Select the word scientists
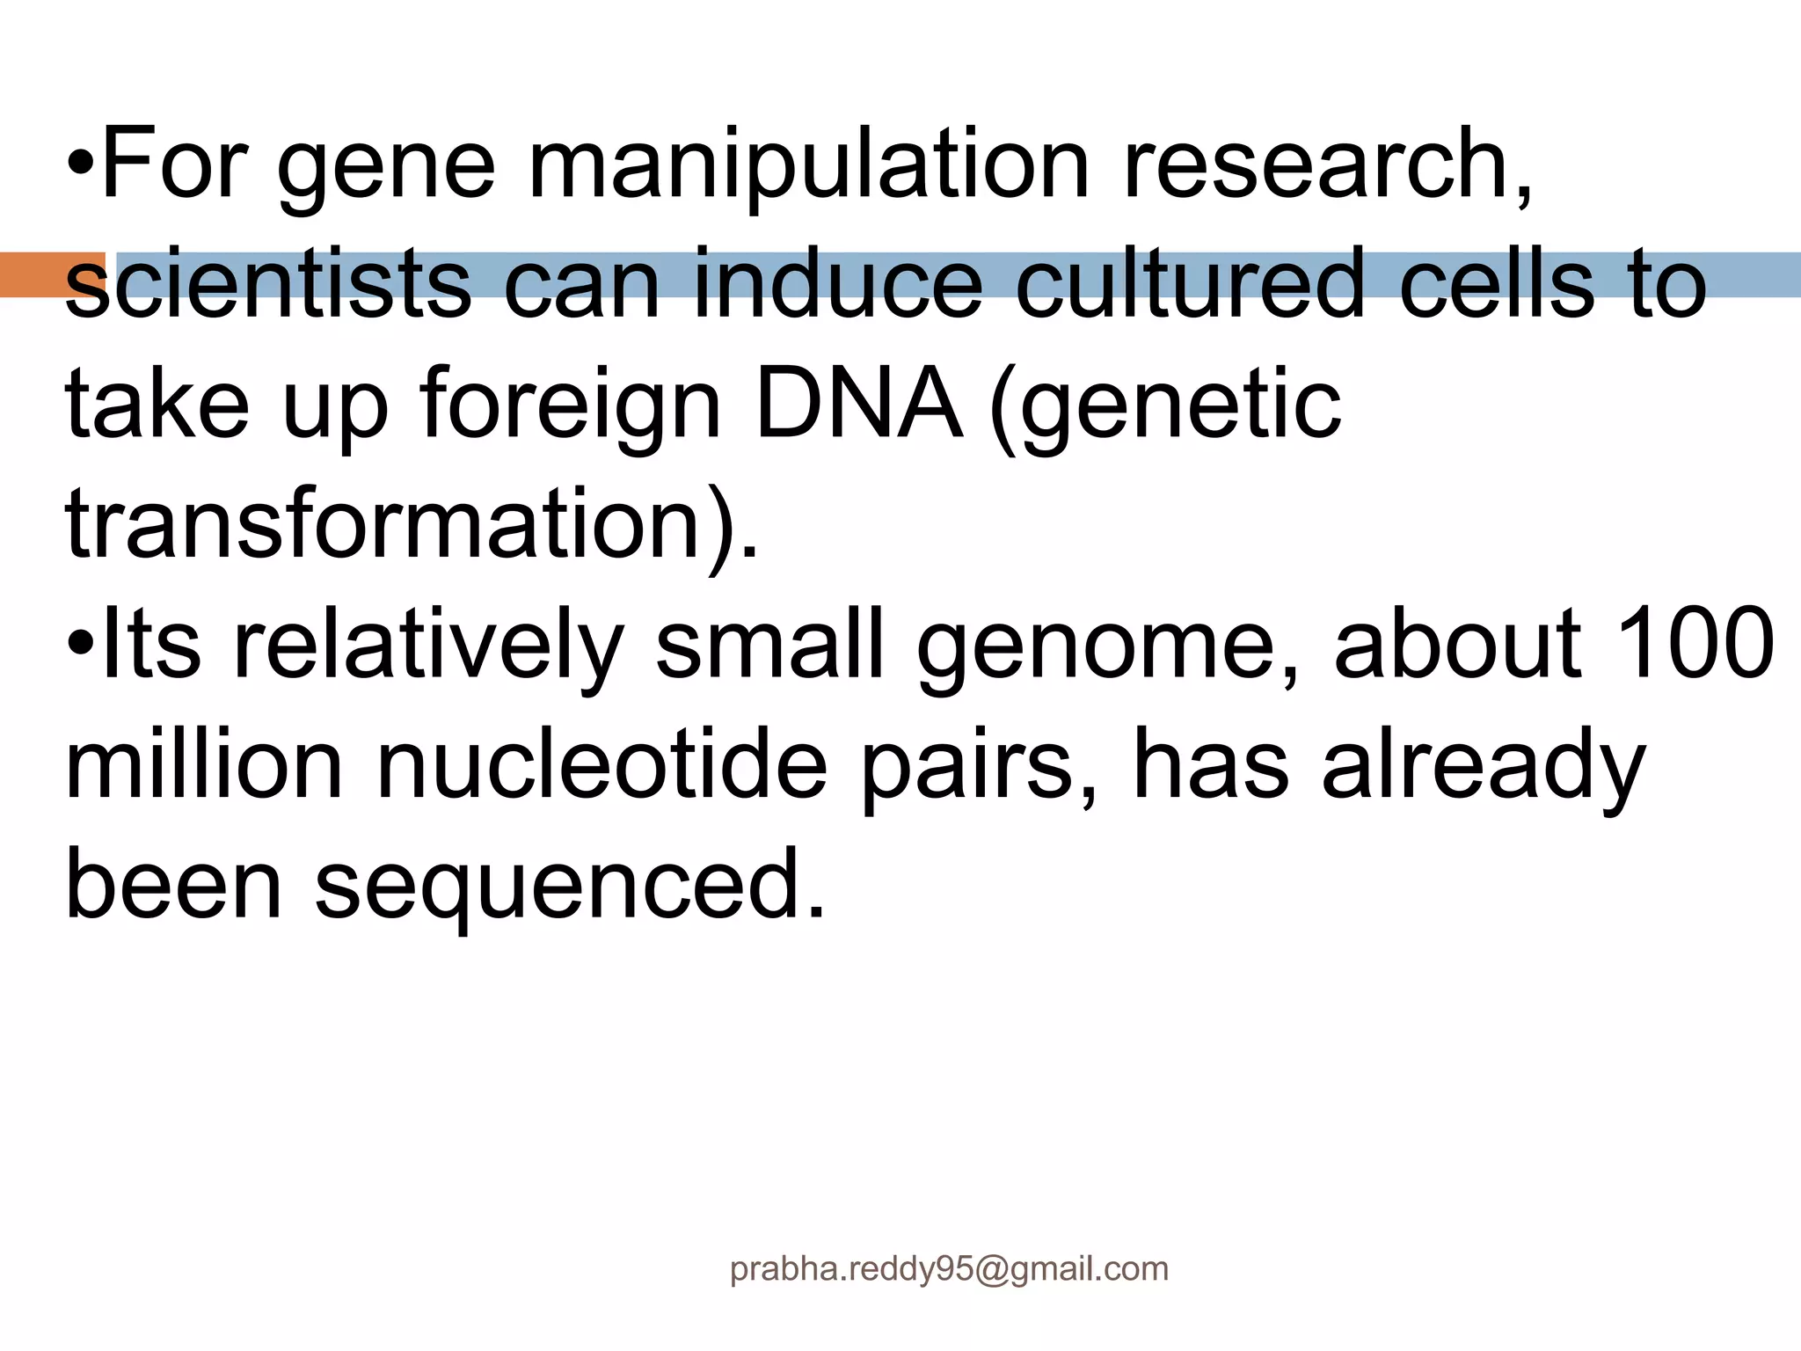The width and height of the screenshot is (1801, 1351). coord(267,285)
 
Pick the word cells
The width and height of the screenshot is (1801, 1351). coord(1496,285)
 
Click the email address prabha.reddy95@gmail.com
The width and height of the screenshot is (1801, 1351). coord(949,1269)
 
